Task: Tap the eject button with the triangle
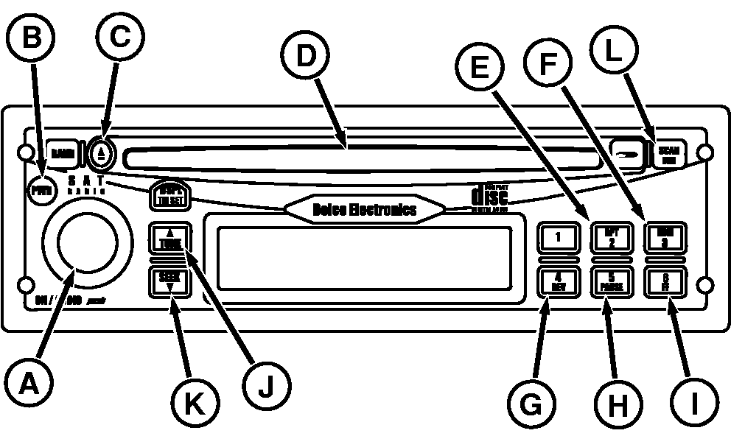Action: [103, 153]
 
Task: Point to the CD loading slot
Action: [361, 157]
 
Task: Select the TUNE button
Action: [169, 239]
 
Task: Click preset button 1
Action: [559, 236]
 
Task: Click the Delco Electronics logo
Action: [364, 209]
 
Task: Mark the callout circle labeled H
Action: [618, 402]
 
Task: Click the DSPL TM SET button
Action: [169, 197]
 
